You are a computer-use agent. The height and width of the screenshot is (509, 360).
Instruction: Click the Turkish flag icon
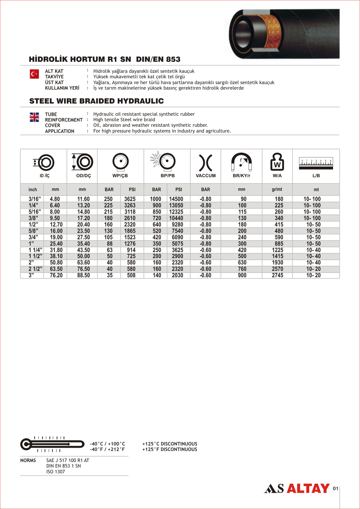34,74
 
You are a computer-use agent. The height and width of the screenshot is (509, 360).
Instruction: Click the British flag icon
34,117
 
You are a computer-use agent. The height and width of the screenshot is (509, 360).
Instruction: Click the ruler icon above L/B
316,164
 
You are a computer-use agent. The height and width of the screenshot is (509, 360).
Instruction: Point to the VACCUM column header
206,175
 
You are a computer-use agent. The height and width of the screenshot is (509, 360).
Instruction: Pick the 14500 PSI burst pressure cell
176,199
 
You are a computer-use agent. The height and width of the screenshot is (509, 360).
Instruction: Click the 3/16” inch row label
35,199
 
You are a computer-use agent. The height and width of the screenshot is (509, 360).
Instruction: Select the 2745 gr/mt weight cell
278,275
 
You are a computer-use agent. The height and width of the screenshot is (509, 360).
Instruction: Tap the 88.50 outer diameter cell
84,275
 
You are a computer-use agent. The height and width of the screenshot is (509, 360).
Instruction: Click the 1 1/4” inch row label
35,250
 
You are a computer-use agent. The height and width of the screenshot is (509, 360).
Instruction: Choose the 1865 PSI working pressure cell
130,231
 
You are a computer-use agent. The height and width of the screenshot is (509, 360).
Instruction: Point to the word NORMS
28,460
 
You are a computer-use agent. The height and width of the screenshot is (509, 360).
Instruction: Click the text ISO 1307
56,472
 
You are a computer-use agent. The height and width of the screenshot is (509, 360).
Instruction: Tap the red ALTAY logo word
308,488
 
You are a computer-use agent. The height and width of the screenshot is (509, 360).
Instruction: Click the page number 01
335,488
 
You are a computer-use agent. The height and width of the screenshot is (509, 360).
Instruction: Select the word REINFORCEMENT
64,120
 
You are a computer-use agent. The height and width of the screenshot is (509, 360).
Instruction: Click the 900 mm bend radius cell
242,275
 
